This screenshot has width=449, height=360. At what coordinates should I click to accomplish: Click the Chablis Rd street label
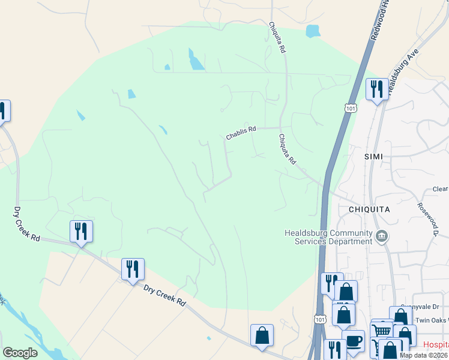241,133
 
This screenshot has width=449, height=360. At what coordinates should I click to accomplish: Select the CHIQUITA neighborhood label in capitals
369,209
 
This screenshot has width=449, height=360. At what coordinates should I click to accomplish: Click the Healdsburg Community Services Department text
328,237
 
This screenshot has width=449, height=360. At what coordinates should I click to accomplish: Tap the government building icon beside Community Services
382,236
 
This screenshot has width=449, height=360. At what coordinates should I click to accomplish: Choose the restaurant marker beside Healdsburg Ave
377,90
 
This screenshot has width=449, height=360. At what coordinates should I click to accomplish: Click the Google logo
20,353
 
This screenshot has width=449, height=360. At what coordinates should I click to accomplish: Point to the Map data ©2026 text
423,355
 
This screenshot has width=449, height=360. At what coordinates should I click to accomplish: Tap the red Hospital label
436,345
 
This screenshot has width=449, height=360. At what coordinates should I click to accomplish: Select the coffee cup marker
353,341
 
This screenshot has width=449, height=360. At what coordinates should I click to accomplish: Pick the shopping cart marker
382,331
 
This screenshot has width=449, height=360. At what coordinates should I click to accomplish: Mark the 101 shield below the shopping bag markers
319,319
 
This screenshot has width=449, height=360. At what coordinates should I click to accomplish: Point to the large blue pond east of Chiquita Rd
312,31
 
